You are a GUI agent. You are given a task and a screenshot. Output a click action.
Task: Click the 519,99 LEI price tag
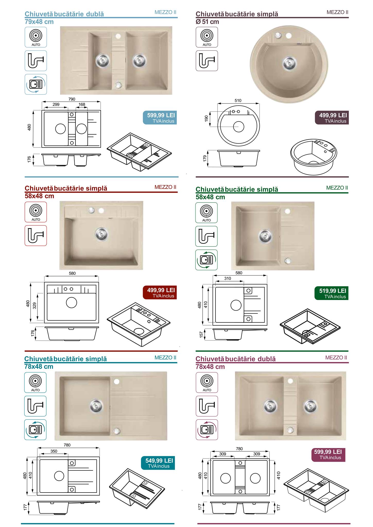coord(331,293)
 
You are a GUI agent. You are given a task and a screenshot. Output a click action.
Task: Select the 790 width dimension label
coord(72,99)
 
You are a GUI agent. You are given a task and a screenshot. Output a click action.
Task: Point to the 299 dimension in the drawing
coord(56,104)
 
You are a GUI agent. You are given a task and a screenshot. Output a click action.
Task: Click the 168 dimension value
coord(82,104)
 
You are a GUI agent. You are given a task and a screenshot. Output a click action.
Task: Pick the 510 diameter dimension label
coord(238,100)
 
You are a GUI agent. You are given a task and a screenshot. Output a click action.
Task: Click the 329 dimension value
coord(34,306)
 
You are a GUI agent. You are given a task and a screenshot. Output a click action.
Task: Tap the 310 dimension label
coord(228,278)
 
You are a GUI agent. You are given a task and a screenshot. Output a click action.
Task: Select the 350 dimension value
coord(54,451)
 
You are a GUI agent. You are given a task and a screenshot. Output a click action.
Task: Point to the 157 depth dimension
coord(202,335)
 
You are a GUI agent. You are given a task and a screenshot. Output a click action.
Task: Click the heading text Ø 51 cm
coord(207,22)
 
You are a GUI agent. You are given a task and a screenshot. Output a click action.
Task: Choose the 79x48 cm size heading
coord(39,22)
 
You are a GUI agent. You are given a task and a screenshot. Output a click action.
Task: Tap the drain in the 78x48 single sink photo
coord(96,406)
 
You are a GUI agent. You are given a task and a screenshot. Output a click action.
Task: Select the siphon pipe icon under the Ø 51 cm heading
coord(207,61)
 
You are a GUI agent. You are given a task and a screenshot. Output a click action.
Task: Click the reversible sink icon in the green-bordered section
coord(206,260)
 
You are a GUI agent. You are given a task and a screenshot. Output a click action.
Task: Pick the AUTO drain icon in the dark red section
coord(36,212)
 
